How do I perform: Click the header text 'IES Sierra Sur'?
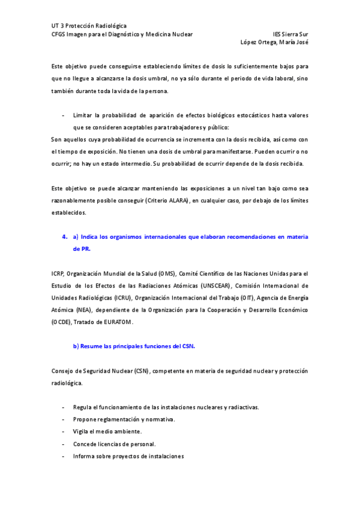[290, 34]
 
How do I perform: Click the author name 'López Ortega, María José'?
[274, 43]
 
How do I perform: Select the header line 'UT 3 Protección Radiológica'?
[89, 26]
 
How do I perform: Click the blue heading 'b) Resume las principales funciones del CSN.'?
[134, 346]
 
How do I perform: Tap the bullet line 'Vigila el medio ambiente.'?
[107, 431]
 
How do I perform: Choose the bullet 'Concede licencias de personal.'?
[114, 444]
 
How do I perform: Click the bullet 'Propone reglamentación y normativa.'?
[124, 419]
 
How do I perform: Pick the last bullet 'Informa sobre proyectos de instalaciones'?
[128, 456]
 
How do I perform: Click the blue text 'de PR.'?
[82, 248]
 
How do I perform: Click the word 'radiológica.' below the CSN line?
[67, 382]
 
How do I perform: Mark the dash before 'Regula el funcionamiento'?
[64, 407]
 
